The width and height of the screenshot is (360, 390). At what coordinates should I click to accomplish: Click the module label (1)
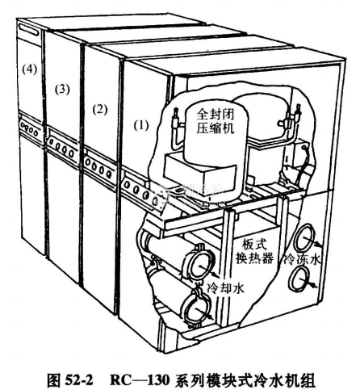[141, 125]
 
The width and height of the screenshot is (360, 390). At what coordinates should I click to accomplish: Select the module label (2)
[100, 110]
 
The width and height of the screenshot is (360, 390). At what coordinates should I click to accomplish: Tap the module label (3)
[62, 90]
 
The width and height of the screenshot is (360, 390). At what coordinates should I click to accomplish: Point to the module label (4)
[30, 69]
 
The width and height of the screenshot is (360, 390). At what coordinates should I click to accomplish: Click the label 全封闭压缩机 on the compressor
[216, 121]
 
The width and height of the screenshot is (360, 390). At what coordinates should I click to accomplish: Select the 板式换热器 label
[254, 252]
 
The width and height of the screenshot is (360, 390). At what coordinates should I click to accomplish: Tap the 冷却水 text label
[225, 288]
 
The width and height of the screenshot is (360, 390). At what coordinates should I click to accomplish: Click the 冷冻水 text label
[303, 260]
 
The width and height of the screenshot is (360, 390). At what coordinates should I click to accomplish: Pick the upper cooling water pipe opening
[201, 265]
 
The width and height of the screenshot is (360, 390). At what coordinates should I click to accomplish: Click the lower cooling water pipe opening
[199, 310]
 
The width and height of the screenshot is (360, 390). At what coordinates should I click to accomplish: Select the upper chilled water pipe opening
[304, 238]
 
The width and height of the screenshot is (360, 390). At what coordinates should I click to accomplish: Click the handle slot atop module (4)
[29, 28]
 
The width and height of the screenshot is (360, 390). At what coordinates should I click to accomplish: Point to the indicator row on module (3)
[61, 147]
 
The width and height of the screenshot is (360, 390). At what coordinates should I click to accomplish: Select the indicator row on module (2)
[98, 167]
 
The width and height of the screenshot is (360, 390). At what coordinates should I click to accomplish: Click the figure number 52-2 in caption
[79, 380]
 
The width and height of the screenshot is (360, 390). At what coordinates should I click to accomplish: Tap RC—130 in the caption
[140, 380]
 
